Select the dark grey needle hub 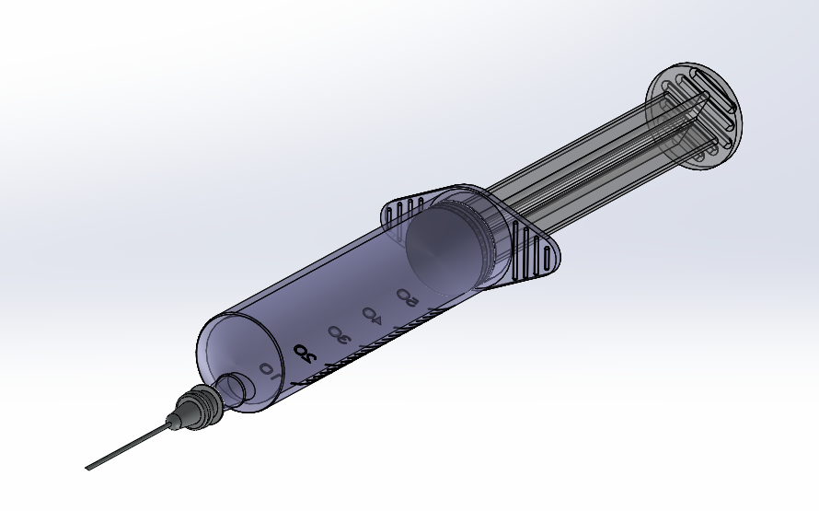pyautogui.click(x=196, y=407)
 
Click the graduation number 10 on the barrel pyautogui.click(x=268, y=369)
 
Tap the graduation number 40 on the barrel pyautogui.click(x=371, y=314)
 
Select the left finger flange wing pyautogui.click(x=405, y=208)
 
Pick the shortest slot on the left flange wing pyautogui.click(x=391, y=211)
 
